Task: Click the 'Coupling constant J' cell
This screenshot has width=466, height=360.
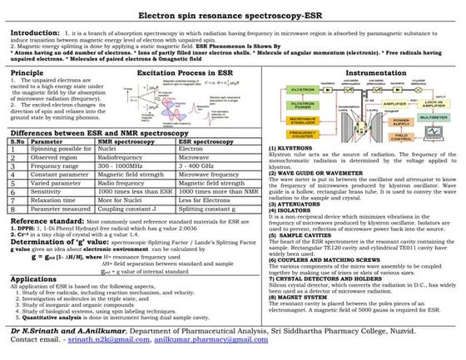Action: [128, 208]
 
